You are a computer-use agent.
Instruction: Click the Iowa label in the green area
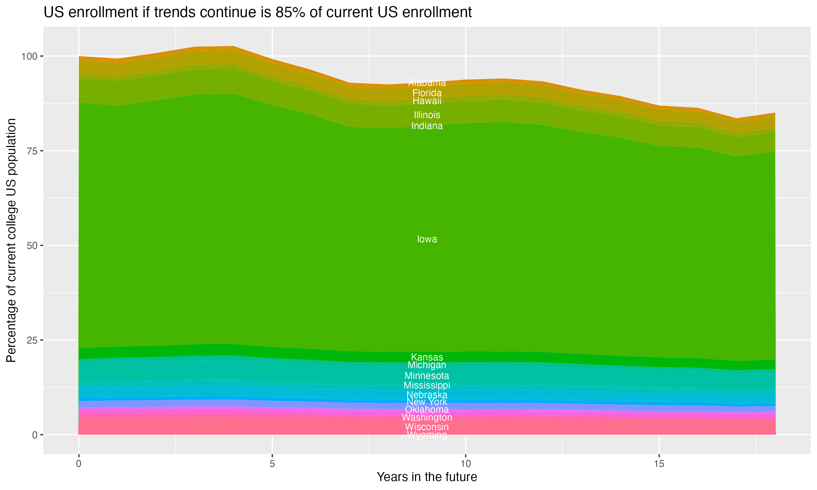427,239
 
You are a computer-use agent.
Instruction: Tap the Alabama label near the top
427,82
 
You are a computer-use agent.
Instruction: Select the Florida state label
427,93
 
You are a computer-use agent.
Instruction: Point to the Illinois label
427,115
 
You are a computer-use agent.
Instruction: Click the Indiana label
427,126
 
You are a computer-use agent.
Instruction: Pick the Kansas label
427,357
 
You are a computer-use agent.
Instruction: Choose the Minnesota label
427,376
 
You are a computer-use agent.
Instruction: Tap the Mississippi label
427,385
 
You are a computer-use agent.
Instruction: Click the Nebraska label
427,394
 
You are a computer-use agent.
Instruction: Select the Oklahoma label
427,410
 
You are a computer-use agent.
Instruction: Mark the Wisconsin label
427,427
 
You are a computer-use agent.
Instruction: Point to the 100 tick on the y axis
30,56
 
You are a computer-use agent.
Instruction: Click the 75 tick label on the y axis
32,151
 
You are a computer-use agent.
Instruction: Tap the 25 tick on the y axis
32,340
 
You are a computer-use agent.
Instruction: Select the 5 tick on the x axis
272,464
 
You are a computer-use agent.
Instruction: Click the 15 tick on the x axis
659,464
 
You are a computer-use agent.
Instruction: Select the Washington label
427,418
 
